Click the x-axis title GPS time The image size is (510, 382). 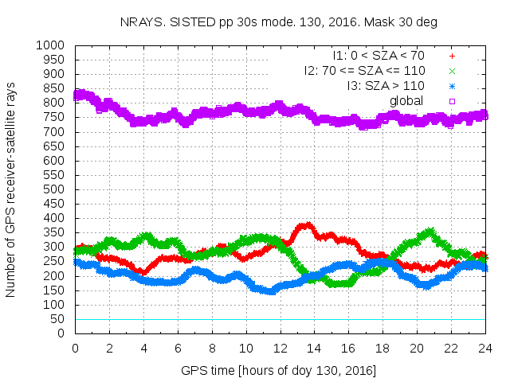pyautogui.click(x=279, y=370)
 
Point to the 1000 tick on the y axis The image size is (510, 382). pyautogui.click(x=56, y=45)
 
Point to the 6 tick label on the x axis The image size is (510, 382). pyautogui.click(x=178, y=348)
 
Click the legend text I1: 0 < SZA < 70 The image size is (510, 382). pyautogui.click(x=379, y=57)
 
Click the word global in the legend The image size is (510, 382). pyautogui.click(x=406, y=100)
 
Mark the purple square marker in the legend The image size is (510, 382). pyautogui.click(x=452, y=100)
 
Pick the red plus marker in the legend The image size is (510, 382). pyautogui.click(x=452, y=57)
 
